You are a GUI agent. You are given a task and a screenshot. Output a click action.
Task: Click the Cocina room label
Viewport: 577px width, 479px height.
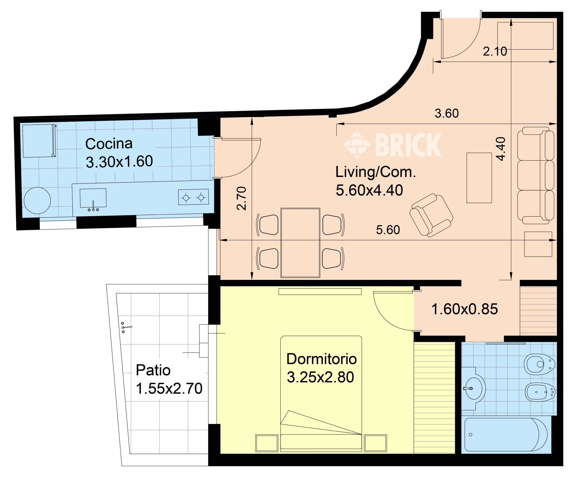click(109, 144)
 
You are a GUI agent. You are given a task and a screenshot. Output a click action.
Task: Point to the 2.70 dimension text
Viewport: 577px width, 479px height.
click(242, 198)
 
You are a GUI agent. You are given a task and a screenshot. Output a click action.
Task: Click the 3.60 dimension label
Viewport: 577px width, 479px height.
click(446, 113)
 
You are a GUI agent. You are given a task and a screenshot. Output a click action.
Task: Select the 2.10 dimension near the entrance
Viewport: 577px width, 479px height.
click(494, 51)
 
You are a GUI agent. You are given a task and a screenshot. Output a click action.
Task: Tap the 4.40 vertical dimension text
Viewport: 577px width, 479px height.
click(501, 149)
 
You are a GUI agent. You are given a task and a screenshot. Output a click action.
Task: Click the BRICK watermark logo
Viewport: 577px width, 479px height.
click(393, 145)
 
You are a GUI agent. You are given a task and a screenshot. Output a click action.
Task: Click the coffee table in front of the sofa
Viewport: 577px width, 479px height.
click(479, 178)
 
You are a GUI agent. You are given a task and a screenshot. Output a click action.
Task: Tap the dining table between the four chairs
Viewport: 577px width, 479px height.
click(300, 243)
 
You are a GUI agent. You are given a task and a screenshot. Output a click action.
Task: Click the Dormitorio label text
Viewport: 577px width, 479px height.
click(321, 359)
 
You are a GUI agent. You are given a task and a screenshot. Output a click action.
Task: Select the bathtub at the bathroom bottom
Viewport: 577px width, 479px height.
click(506, 435)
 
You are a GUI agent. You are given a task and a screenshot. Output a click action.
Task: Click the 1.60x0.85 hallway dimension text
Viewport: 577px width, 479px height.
click(464, 309)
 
